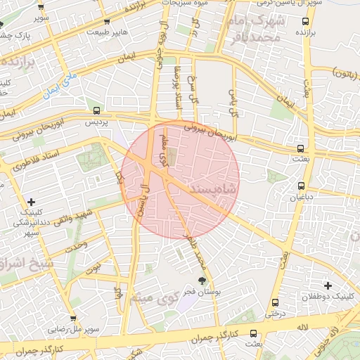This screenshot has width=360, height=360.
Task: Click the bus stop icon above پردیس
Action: click(x=96, y=110)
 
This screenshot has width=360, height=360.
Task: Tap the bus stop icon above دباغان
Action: click(x=302, y=186)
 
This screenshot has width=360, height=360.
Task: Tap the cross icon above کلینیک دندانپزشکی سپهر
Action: click(x=31, y=202)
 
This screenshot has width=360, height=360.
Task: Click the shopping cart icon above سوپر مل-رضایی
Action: click(x=67, y=317)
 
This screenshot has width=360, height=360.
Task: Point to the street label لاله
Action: click(x=303, y=327)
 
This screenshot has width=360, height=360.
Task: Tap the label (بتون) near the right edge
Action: click(x=347, y=72)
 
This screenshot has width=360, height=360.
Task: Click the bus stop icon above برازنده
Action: click(x=300, y=20)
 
